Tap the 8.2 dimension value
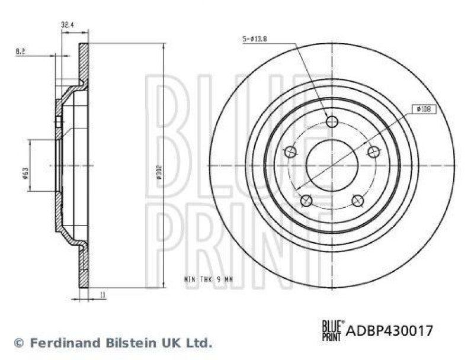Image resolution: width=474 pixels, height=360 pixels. point(20,52)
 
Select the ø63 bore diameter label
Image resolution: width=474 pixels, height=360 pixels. point(25,172)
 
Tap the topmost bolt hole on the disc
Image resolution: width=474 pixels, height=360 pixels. point(332,122)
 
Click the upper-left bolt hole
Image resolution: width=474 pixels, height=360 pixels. point(290,152)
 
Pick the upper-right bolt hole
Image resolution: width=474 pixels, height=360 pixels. point(373,152)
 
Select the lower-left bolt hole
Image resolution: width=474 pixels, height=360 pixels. point(306,201)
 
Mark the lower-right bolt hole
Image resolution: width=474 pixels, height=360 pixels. point(357,201)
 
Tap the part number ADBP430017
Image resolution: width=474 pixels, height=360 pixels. point(389,330)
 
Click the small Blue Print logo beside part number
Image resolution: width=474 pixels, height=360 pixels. point(331,330)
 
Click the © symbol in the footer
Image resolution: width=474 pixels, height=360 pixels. point(18,343)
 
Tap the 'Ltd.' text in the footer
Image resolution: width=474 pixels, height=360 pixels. point(200,342)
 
